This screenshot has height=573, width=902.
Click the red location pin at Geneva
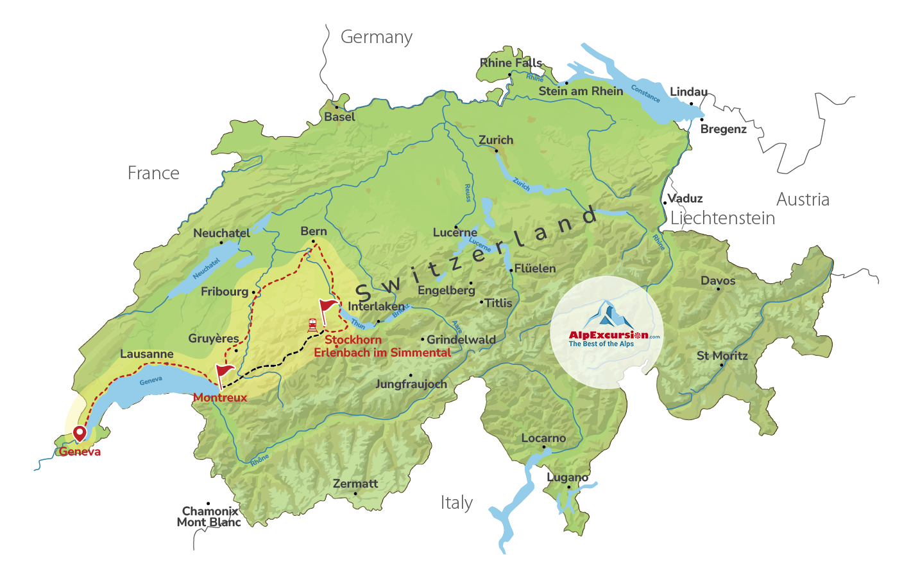point(80,434)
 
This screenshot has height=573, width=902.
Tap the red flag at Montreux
point(224,373)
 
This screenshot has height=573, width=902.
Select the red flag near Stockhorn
point(328,307)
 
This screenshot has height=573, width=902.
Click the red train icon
point(312,325)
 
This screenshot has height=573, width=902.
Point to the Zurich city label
point(496,140)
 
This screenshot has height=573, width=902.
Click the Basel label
point(339,117)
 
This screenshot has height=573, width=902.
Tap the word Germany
point(377,37)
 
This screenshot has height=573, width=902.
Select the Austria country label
point(803,200)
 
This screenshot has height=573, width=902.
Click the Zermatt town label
point(355,484)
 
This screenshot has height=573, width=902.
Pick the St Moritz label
point(722,356)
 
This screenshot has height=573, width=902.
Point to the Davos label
point(718,281)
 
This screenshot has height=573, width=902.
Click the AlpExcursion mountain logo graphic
point(607,315)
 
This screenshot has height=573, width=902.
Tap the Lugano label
point(567,477)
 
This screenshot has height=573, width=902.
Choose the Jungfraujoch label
point(411,384)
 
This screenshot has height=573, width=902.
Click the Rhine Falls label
point(511,63)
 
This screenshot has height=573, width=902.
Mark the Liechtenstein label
point(722,218)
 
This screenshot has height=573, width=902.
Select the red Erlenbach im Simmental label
point(382,353)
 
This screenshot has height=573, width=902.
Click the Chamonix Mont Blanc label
point(209,516)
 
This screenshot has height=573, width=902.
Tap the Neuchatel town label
point(221,233)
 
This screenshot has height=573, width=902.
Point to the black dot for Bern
point(313,242)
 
